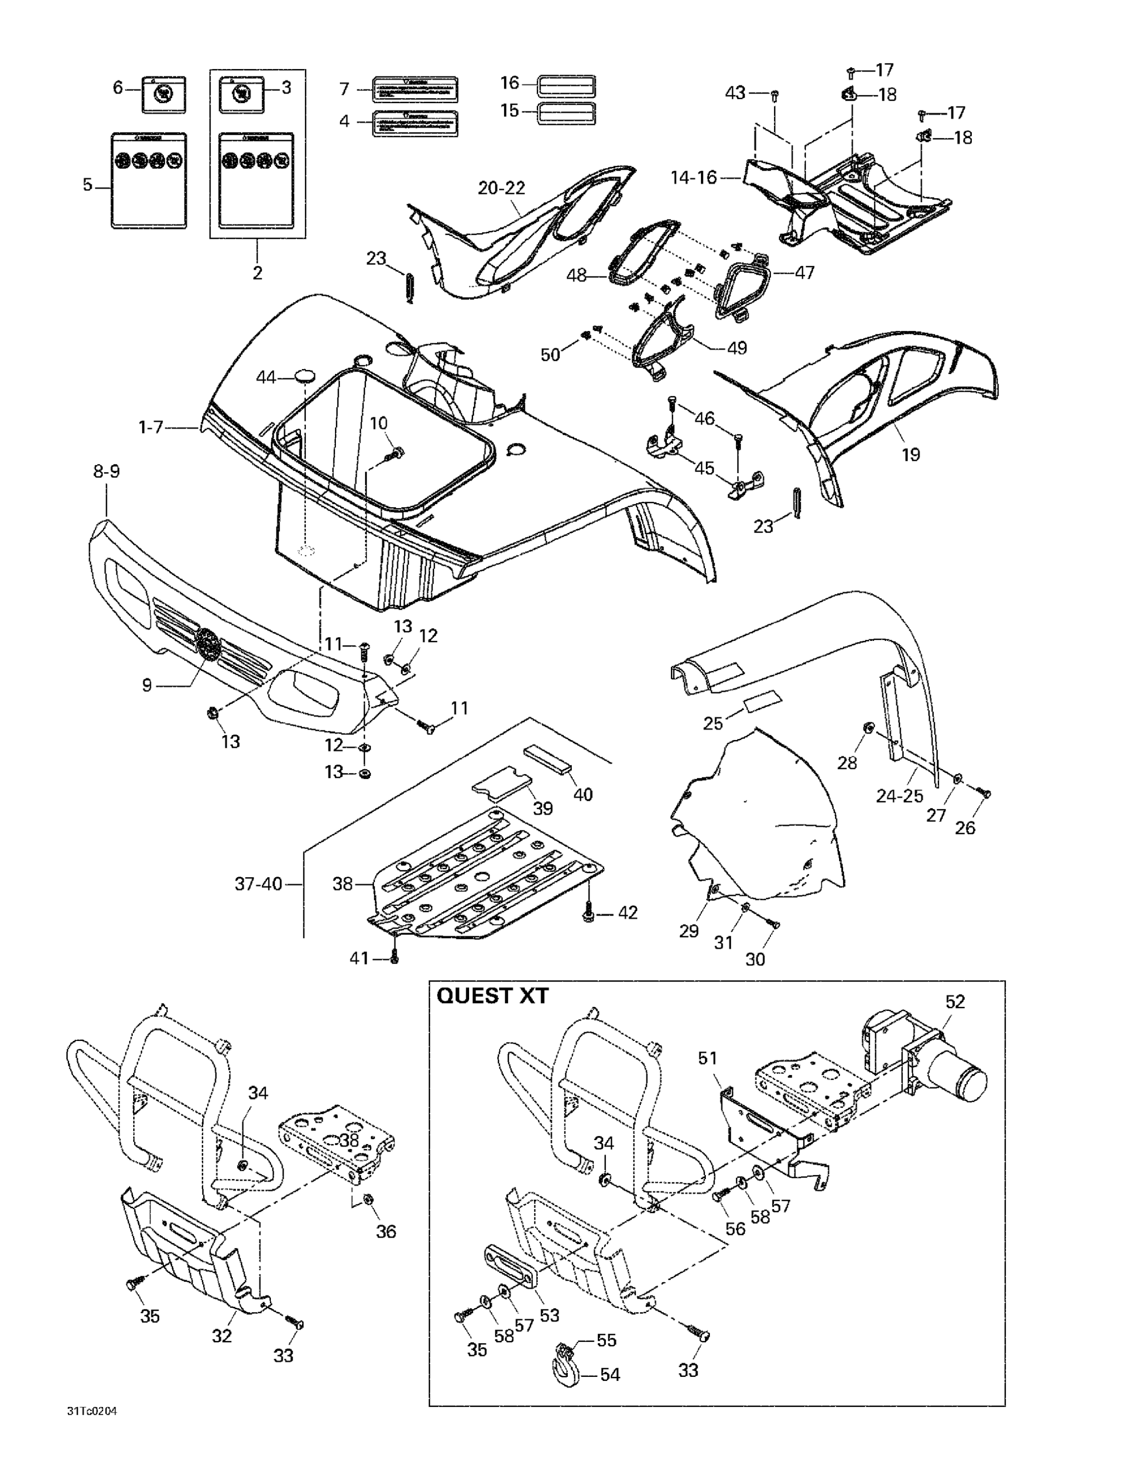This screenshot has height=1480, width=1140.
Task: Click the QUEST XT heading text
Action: tap(492, 996)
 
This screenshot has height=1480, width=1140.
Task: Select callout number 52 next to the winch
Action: tap(955, 1001)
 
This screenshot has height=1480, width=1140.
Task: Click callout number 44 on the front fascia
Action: tap(266, 377)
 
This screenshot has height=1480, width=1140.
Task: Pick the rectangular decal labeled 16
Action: tap(566, 86)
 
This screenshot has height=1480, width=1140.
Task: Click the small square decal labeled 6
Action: tap(163, 94)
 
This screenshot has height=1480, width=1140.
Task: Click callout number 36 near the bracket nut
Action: tap(386, 1231)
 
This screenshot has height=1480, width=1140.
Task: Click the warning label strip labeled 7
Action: tap(415, 89)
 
